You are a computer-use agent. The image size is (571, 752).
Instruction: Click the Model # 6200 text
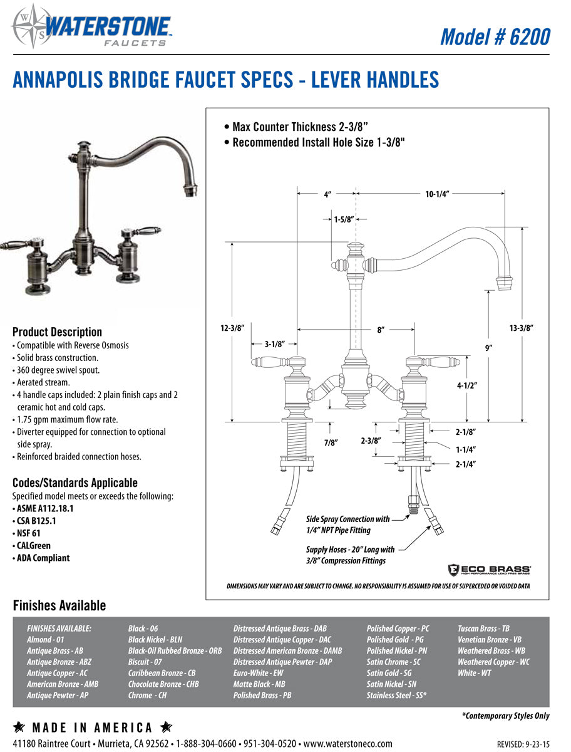point(495,37)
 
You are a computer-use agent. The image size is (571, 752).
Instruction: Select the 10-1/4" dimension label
point(438,194)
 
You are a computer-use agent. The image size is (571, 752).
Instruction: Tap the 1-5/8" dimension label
point(344,219)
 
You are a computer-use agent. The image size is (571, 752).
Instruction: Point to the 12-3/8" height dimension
point(232,328)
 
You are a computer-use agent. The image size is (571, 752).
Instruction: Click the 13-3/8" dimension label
point(521,328)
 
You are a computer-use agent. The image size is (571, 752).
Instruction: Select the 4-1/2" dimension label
point(467,386)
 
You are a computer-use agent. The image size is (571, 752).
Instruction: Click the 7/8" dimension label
point(331,442)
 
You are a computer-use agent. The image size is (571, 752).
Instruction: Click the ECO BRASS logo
point(489,570)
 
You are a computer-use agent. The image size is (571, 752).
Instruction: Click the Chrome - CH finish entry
point(147,695)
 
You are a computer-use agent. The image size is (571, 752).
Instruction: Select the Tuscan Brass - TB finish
point(483,628)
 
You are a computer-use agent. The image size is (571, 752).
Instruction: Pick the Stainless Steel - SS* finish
point(396,695)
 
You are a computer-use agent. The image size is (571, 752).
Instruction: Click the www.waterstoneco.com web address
point(347,743)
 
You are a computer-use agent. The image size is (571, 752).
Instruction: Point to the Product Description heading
point(57,332)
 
